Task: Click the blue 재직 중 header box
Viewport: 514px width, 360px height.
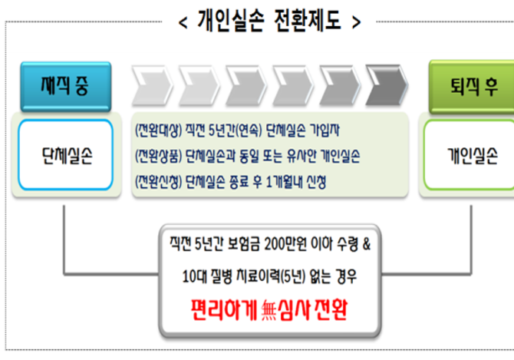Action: click(x=66, y=86)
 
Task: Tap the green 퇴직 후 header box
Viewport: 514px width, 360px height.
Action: click(x=472, y=87)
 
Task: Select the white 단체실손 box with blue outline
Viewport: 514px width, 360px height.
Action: click(x=66, y=155)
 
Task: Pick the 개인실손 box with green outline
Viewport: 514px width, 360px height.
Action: click(x=469, y=155)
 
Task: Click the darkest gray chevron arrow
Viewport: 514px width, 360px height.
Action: click(x=387, y=85)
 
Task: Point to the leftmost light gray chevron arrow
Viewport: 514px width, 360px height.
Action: click(x=152, y=85)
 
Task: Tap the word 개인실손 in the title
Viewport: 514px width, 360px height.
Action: click(x=231, y=21)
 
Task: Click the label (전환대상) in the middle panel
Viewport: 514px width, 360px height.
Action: click(x=159, y=130)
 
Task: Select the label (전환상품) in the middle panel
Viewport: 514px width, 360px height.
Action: click(x=159, y=156)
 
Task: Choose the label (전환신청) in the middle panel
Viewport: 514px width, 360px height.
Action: click(x=159, y=182)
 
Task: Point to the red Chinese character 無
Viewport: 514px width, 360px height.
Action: click(x=269, y=311)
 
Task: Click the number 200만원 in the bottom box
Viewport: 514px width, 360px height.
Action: click(x=288, y=244)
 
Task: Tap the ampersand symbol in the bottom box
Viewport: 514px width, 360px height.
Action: click(x=367, y=244)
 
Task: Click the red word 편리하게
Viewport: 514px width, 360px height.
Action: click(x=224, y=309)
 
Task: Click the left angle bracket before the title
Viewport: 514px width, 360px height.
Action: click(x=183, y=22)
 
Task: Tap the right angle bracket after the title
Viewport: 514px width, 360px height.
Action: click(x=356, y=22)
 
